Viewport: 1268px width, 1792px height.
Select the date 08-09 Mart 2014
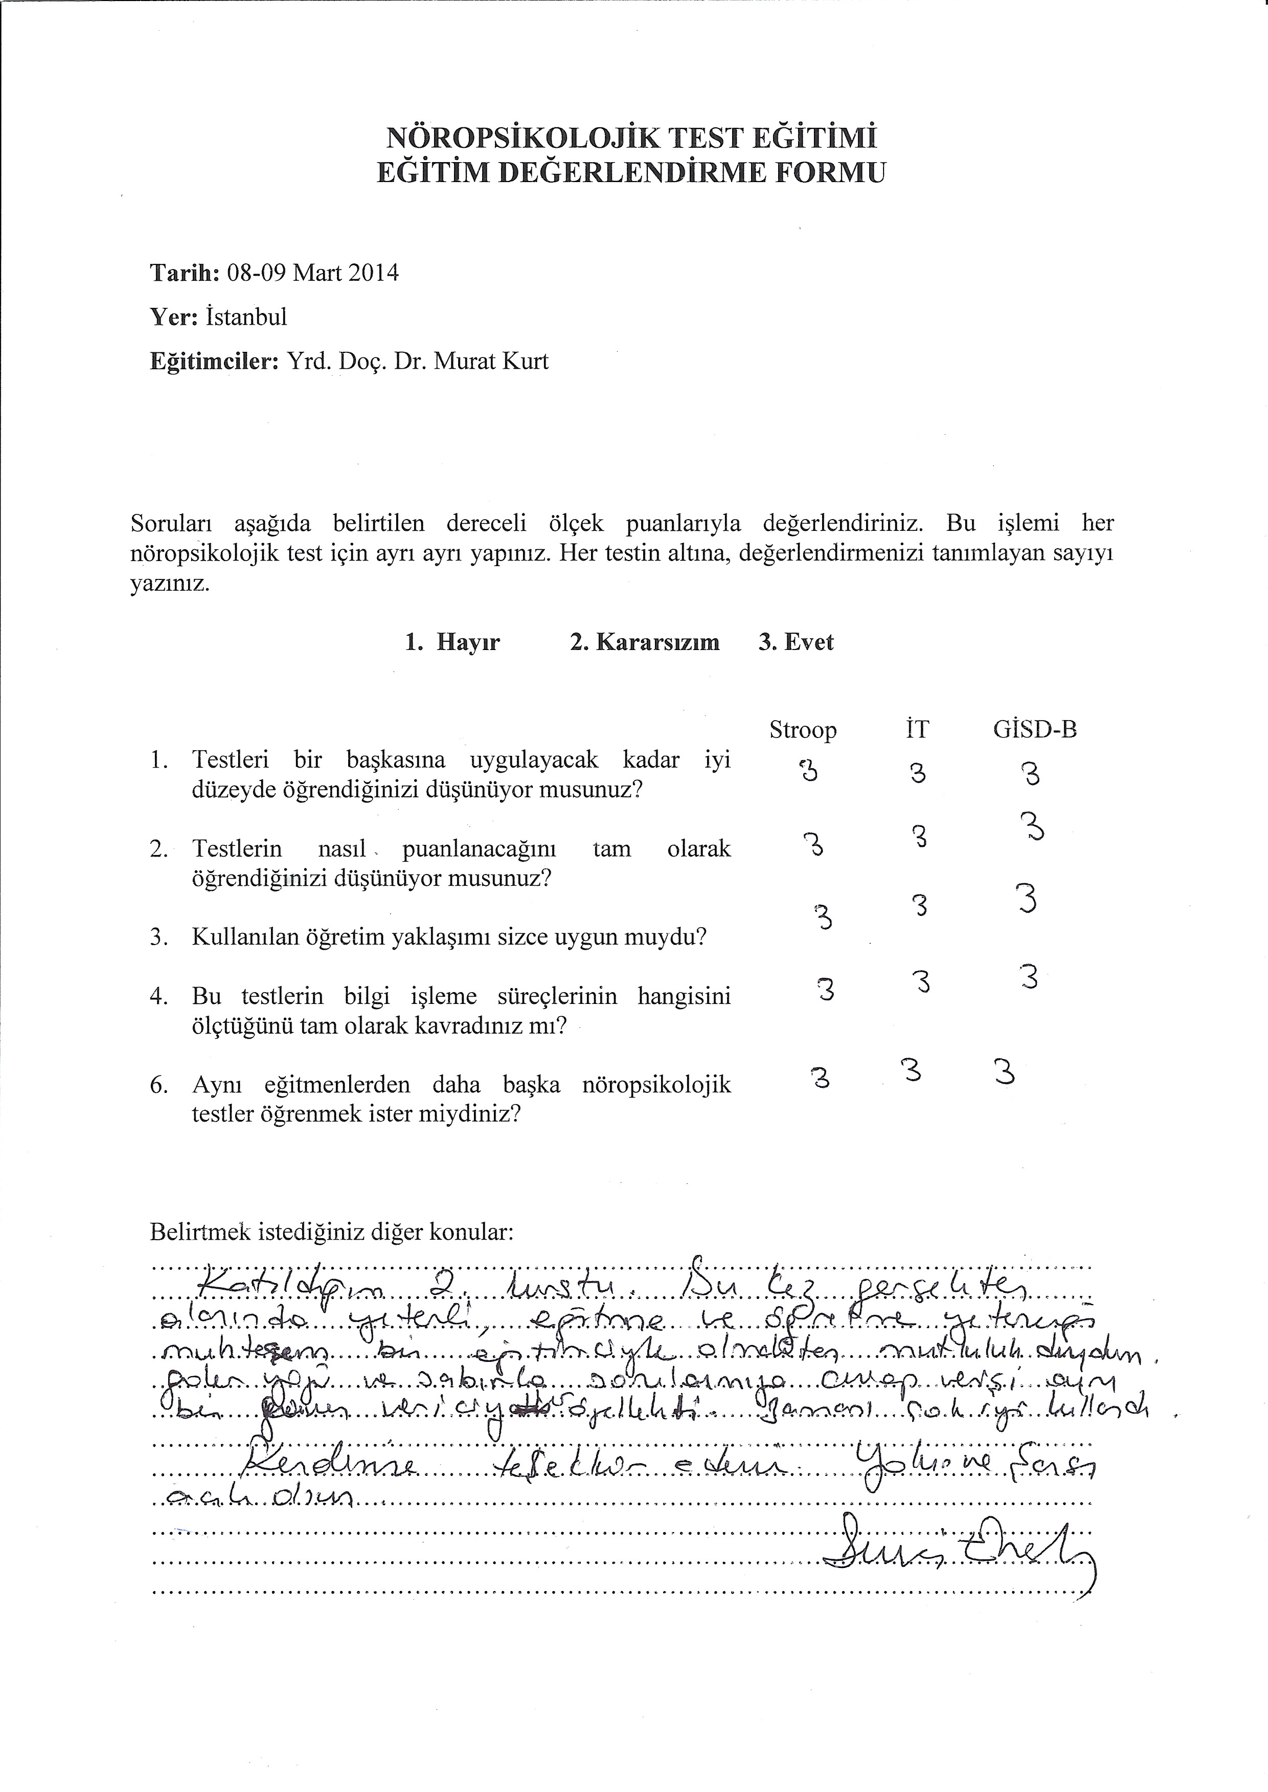coord(312,273)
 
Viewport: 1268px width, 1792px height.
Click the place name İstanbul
coord(247,317)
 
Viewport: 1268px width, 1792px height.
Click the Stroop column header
coord(803,730)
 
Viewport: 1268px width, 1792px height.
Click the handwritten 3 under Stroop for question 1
coord(808,771)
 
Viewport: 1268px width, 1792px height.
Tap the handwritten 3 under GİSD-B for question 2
coord(1033,827)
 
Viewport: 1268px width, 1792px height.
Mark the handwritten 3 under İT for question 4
coord(921,981)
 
